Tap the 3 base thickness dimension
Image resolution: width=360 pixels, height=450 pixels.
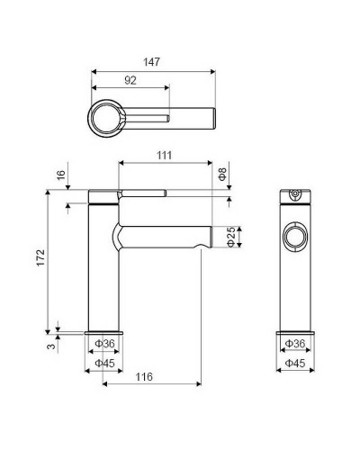[x=52, y=344]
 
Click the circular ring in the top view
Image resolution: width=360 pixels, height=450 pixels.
[x=106, y=117]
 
